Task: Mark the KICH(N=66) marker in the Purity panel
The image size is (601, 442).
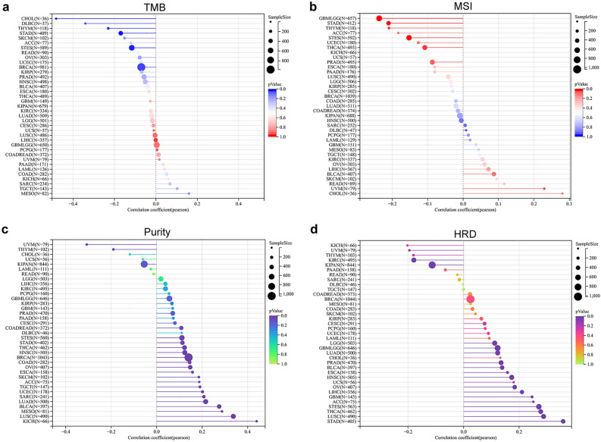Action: pyautogui.click(x=257, y=421)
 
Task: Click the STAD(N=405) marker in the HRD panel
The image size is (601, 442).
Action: pyautogui.click(x=563, y=421)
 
